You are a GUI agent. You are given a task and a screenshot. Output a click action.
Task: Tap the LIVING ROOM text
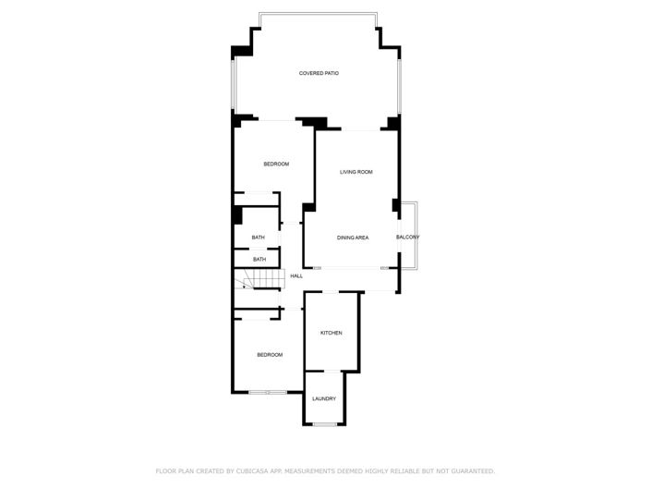(x=356, y=172)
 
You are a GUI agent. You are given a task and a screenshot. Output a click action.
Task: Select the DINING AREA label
(x=353, y=238)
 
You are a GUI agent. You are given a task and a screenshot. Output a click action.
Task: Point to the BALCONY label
(x=408, y=238)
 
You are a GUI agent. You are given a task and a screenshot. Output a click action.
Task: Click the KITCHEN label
(x=332, y=333)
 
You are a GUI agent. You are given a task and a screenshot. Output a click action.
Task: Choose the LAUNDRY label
(x=323, y=398)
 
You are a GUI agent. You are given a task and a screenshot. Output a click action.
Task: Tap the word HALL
(x=296, y=275)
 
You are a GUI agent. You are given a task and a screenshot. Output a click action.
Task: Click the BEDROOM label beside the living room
(x=276, y=164)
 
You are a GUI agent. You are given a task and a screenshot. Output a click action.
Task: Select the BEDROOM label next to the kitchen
(x=270, y=355)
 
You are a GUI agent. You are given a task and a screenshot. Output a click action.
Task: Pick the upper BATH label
(x=259, y=238)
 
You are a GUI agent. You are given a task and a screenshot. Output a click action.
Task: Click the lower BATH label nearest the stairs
(x=259, y=259)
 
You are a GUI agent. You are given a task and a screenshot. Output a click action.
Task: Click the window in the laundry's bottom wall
(x=324, y=424)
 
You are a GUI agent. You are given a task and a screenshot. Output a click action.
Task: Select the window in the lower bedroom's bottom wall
(x=268, y=393)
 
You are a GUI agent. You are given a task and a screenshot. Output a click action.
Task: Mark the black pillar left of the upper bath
(x=236, y=215)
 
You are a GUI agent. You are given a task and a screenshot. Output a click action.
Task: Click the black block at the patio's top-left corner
(x=242, y=51)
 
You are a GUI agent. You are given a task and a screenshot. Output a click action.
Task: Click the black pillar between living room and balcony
(x=395, y=204)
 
